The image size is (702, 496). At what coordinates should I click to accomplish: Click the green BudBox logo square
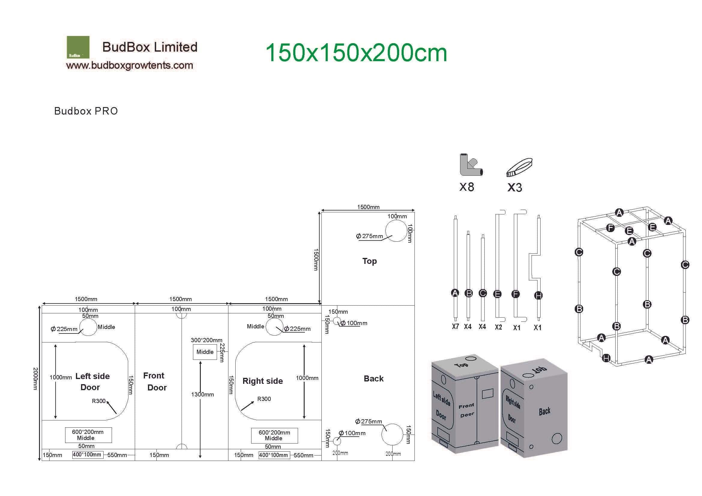pos(78,47)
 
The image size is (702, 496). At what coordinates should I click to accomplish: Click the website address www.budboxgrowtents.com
pos(129,65)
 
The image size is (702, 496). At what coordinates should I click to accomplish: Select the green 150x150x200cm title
pos(356,53)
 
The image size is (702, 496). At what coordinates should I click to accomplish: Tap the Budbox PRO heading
pos(86,111)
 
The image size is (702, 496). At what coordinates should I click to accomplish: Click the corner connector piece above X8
pos(470,165)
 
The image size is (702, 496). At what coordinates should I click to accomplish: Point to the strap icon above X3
pos(519,167)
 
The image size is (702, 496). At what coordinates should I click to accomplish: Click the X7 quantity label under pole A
pos(455,327)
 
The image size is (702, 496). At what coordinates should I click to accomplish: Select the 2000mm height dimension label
pos(36,379)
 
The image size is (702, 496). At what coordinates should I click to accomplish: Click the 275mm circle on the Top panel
pos(396,231)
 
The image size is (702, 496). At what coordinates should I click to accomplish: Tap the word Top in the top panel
pos(369,261)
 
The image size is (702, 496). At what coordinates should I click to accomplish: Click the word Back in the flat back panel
pos(373,379)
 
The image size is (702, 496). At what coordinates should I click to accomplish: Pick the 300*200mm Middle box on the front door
pos(205,352)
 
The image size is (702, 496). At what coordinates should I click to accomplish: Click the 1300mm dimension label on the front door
pos(202,395)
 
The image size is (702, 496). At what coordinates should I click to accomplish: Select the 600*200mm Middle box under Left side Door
pos(88,435)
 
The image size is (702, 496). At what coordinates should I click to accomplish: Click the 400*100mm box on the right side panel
pos(274,455)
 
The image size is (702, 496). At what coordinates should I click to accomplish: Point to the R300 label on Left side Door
pos(98,401)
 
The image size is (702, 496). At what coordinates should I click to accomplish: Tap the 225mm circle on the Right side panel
pos(274,327)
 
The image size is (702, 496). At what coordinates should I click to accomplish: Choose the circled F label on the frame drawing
pos(610,228)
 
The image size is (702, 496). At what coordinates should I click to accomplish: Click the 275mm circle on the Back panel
pos(392,434)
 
